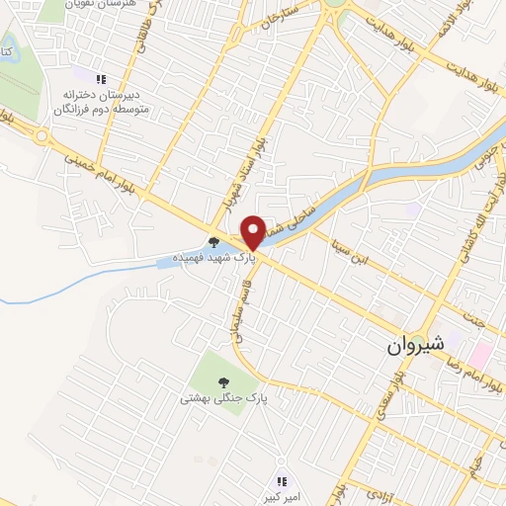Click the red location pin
pos(253,231)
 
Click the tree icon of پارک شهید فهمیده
pos(214,240)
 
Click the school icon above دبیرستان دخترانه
pos(100,79)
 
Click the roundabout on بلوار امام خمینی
pos(42,135)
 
